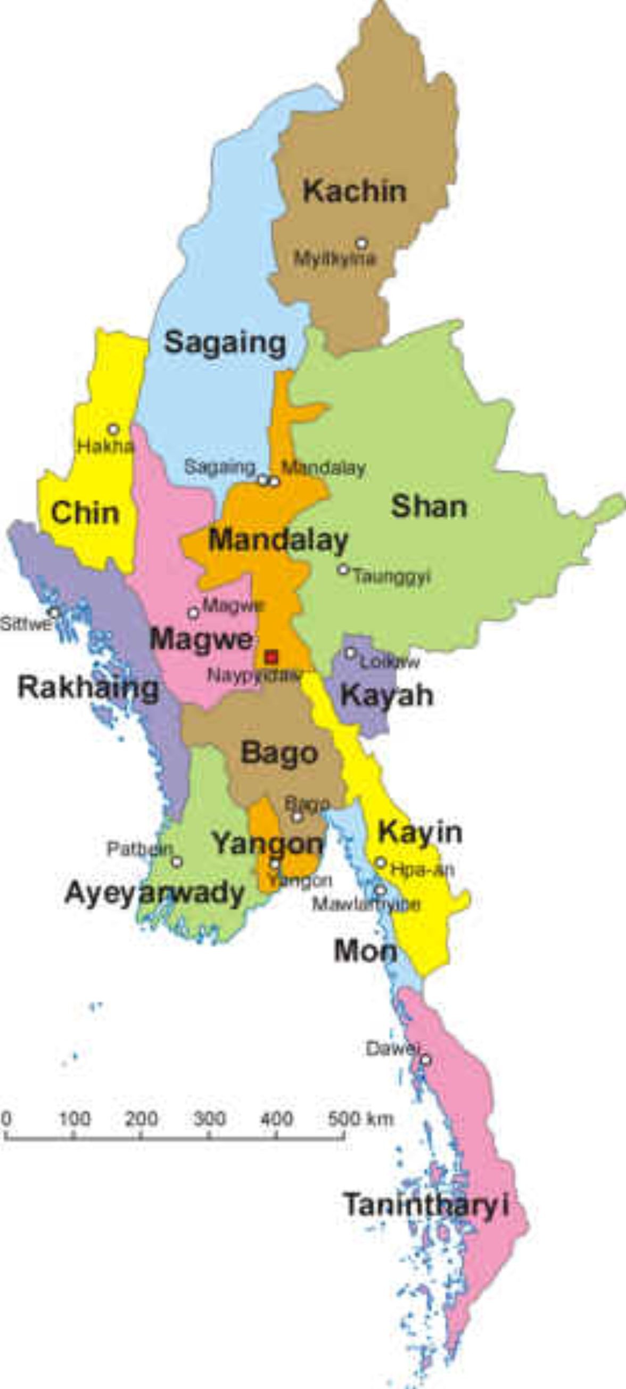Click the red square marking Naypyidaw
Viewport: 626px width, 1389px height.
click(x=271, y=657)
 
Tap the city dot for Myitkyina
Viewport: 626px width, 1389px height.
click(x=361, y=243)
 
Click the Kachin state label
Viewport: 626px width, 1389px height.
click(x=354, y=192)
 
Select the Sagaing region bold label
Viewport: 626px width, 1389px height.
click(x=225, y=342)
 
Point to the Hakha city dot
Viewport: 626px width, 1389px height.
click(x=113, y=429)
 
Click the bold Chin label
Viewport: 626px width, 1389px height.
click(x=85, y=512)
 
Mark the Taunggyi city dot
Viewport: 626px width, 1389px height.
click(x=343, y=569)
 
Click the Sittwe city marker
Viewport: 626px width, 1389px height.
click(x=54, y=613)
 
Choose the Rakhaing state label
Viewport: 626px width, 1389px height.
click(x=88, y=688)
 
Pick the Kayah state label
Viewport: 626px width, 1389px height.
click(x=386, y=695)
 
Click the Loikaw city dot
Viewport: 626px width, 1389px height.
click(x=350, y=653)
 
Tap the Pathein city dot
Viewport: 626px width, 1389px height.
click(x=177, y=861)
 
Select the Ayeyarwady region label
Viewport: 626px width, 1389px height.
click(x=155, y=893)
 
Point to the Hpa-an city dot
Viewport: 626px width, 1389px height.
click(x=381, y=862)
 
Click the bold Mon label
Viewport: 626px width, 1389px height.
click(x=365, y=951)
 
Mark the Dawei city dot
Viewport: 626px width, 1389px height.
click(x=425, y=1059)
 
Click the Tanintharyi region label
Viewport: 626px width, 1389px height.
click(x=426, y=1205)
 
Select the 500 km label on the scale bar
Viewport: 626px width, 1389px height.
click(x=360, y=1120)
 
